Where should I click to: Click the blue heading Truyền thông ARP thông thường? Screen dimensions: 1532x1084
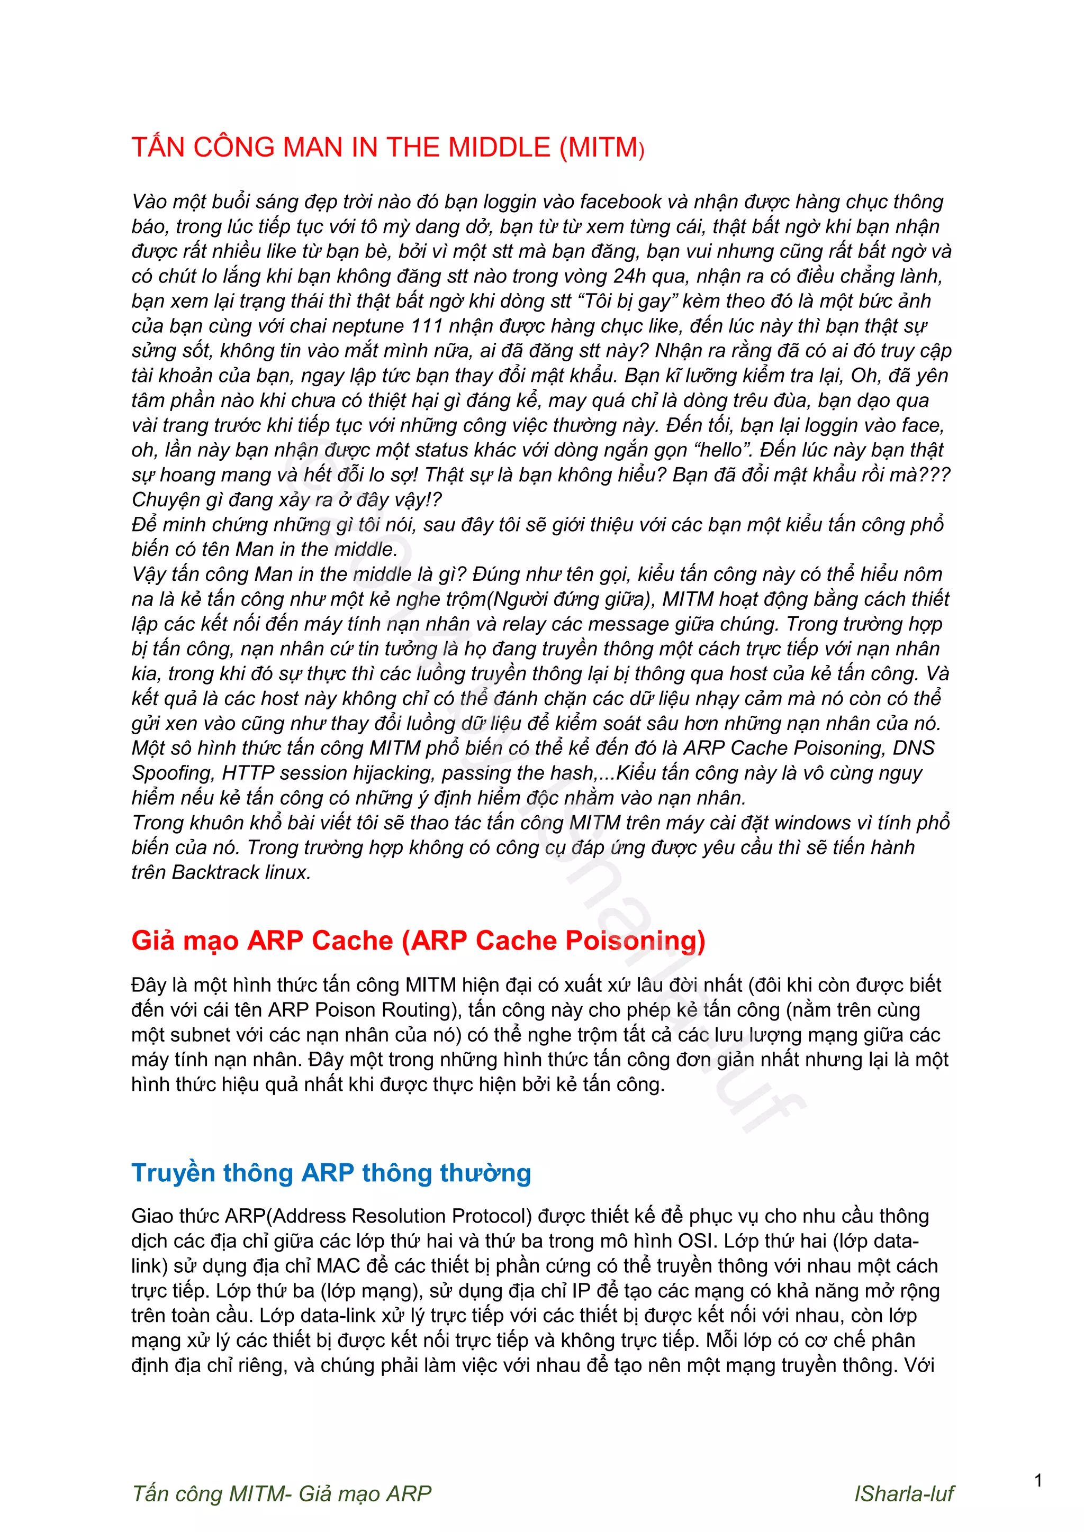click(331, 1172)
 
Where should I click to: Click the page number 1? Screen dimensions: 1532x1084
click(1038, 1481)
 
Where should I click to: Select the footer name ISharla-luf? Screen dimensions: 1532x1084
click(904, 1493)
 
